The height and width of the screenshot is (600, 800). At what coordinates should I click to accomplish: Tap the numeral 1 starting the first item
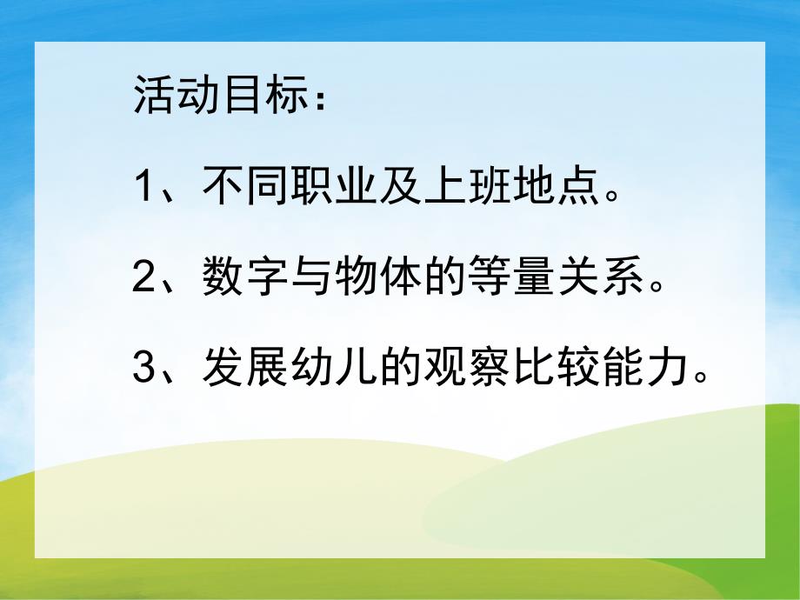pyautogui.click(x=143, y=187)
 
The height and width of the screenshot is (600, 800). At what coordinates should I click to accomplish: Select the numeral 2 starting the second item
pyautogui.click(x=143, y=281)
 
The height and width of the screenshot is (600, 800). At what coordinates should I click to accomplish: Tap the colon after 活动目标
pyautogui.click(x=323, y=97)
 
